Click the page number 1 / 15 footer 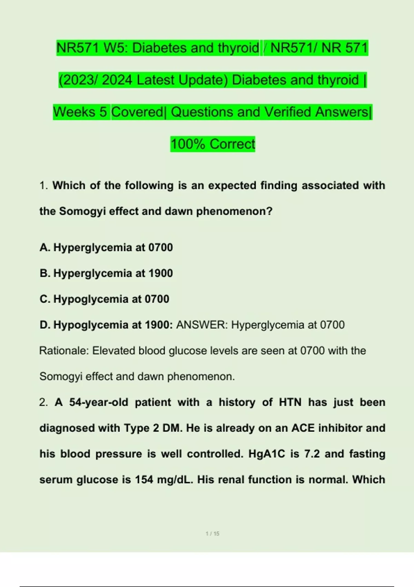(213, 533)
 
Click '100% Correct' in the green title (213, 144)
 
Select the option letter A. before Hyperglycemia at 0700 (45, 248)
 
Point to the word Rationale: (64, 351)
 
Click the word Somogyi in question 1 (82, 211)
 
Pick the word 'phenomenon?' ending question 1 (234, 211)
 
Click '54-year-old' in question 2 (99, 402)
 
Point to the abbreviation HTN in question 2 (290, 402)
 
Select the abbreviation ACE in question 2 (303, 428)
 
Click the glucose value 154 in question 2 (144, 480)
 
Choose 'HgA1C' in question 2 (267, 454)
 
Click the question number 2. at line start (43, 402)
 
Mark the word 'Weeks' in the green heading (80, 112)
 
